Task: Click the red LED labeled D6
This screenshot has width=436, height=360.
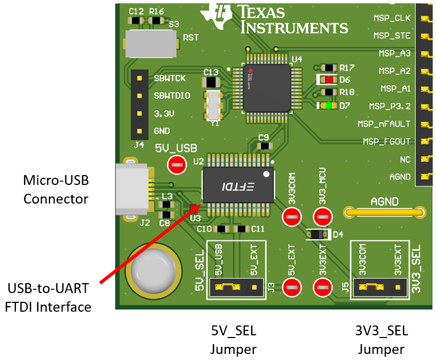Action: click(328, 80)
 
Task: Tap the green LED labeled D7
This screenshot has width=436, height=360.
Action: click(328, 105)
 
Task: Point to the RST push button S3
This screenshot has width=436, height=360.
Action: click(151, 42)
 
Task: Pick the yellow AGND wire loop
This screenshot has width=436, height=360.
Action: click(384, 212)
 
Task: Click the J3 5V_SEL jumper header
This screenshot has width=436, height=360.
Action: click(236, 286)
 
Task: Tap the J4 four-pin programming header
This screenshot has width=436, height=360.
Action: click(139, 104)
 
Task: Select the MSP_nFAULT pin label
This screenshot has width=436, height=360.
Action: click(384, 123)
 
